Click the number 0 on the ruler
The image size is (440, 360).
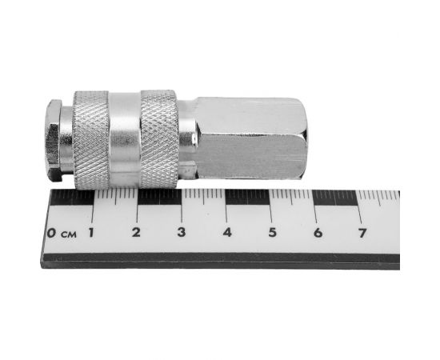[51, 234]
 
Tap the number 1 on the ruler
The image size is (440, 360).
[91, 233]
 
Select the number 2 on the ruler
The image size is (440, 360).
[136, 233]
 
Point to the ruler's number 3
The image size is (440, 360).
[182, 233]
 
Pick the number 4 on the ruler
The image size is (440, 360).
[227, 233]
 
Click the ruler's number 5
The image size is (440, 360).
[272, 233]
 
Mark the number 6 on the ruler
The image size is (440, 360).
[318, 233]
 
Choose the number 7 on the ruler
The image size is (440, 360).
[362, 233]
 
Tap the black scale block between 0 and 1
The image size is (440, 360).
[70, 198]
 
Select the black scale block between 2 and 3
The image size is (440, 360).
[158, 198]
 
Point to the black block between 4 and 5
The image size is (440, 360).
[248, 198]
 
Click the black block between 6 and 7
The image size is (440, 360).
[338, 198]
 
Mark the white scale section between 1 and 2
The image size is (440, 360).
[114, 198]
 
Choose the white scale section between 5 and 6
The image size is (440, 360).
[293, 198]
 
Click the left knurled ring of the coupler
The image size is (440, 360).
[91, 139]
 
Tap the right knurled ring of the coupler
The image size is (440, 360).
[158, 139]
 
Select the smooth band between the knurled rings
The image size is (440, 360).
[125, 139]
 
